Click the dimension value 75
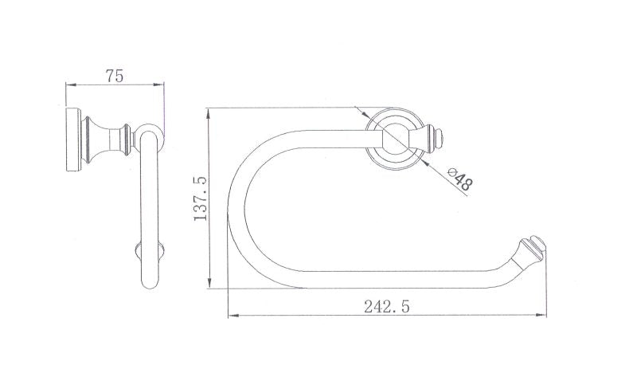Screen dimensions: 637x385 pos(115,76)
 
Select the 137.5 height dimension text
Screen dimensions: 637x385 pos(201,198)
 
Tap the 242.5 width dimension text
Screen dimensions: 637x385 pos(387,306)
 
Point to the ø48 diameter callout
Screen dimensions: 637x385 pos(460,179)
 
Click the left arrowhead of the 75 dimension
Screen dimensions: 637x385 pos(71,85)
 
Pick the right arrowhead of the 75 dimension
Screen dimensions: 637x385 pos(158,84)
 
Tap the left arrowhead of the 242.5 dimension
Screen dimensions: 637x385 pos(233,315)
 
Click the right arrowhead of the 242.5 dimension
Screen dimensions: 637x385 pos(541,315)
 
